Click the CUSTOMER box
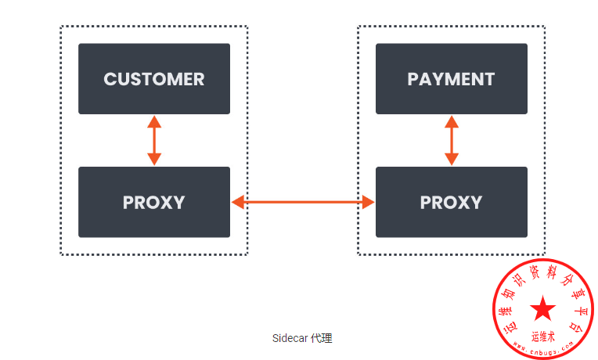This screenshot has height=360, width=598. (x=154, y=79)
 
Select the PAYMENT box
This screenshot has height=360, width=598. (x=451, y=79)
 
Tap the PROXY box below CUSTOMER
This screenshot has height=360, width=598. (x=154, y=202)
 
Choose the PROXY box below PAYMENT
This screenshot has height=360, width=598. (x=451, y=202)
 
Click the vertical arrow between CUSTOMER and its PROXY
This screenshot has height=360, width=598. (x=154, y=141)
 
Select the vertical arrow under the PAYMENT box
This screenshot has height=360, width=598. (x=451, y=141)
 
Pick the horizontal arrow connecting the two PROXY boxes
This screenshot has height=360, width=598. (x=303, y=203)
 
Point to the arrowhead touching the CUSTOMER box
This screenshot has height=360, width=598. (x=154, y=121)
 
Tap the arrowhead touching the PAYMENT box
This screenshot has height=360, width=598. (x=451, y=121)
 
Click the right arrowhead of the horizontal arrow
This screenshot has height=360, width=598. (x=369, y=203)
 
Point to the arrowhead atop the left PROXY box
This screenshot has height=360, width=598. (x=154, y=160)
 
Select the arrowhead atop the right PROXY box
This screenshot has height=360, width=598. (x=451, y=160)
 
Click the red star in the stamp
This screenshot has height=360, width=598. (x=542, y=308)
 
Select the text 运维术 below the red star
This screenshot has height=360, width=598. (x=542, y=337)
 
